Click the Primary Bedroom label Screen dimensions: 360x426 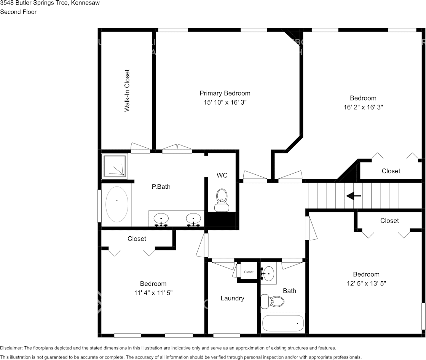225,93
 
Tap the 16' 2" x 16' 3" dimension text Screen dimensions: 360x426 363,107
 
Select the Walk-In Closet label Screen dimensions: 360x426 127,91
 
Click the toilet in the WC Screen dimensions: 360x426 222,199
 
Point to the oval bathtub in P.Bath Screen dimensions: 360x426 116,204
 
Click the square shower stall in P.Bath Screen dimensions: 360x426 115,166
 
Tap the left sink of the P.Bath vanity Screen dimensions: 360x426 161,219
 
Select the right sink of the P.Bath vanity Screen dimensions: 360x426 193,219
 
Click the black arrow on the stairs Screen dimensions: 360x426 353,196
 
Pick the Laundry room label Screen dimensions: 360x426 232,298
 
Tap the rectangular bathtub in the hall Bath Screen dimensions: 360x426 283,323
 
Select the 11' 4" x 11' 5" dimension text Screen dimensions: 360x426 153,293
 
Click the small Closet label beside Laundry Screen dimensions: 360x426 249,272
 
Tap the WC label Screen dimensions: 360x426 222,175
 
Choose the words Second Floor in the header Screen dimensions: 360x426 18,12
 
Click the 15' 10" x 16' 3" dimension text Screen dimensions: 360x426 225,103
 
